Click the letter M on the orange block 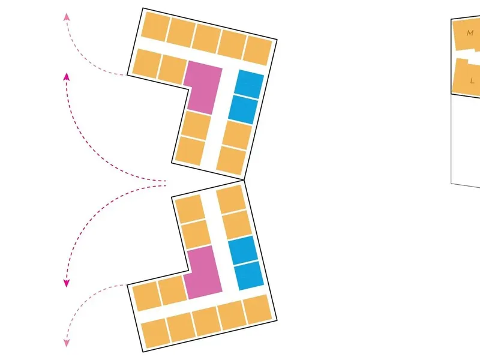tap(470, 33)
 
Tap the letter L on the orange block tap(472, 81)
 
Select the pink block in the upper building tap(203, 88)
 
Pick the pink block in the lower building tap(203, 272)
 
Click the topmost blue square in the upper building tap(249, 84)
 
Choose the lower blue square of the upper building tap(243, 110)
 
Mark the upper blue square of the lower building tap(243, 250)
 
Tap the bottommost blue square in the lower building tap(249, 275)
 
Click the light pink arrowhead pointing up tap(67, 17)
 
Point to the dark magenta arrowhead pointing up tap(67, 77)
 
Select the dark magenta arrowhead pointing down tap(67, 283)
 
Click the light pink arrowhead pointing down tap(67, 343)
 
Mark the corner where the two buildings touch tap(244, 180)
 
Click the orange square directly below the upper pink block tap(196, 125)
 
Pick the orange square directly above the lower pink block tap(196, 235)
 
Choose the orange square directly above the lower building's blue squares tap(237, 224)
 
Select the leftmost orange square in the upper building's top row tap(155, 26)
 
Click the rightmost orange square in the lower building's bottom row tap(257, 309)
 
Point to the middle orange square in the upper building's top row tap(206, 39)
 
